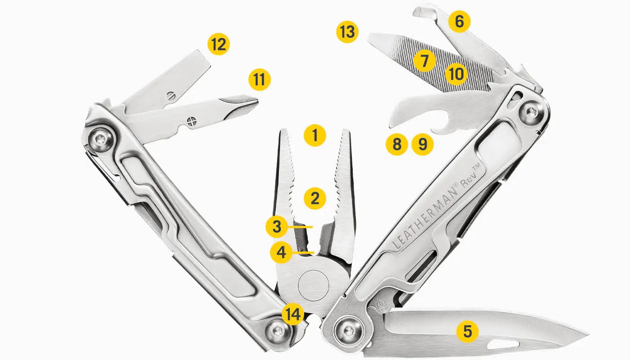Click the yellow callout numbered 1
(x=315, y=135)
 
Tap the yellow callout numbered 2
(x=315, y=198)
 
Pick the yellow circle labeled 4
(x=281, y=252)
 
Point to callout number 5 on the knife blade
(x=468, y=331)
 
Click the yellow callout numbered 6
(x=459, y=22)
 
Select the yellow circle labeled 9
(x=422, y=144)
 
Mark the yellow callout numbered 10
(x=456, y=74)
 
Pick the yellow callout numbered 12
(x=219, y=45)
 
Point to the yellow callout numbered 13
(x=347, y=32)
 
